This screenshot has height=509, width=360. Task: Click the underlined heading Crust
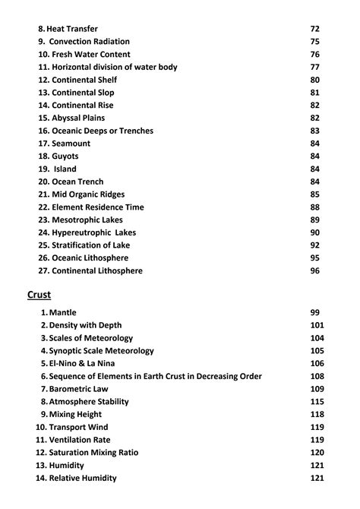pos(38,294)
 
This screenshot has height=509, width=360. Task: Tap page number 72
pos(315,29)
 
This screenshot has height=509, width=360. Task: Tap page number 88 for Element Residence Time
pos(315,207)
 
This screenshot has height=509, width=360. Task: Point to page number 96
pos(315,270)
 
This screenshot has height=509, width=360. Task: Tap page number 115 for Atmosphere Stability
pos(317,402)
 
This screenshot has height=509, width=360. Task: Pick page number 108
pos(317,376)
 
